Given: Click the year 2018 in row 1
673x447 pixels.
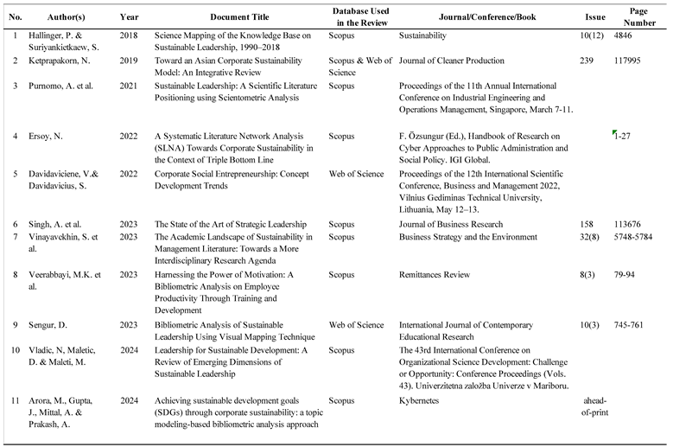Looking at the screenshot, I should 128,37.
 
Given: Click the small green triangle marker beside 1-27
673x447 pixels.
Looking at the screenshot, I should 614,132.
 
